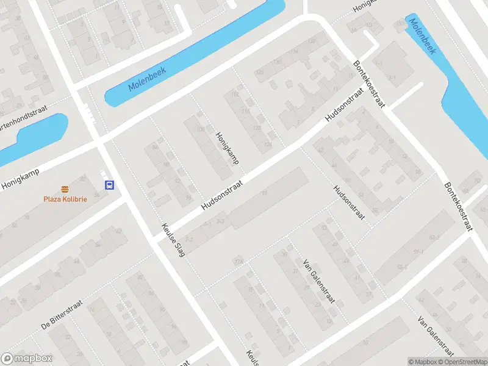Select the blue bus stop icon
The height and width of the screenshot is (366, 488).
point(109,185)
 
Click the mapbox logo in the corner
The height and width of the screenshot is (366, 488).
point(27,359)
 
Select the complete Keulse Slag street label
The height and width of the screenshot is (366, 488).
point(173,239)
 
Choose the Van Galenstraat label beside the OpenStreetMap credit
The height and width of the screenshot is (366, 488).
point(434,335)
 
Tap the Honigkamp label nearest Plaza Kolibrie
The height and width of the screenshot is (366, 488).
point(20,178)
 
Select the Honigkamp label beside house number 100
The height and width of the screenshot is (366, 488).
point(226,149)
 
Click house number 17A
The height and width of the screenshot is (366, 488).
point(237,262)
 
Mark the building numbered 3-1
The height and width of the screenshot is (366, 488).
point(392,77)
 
